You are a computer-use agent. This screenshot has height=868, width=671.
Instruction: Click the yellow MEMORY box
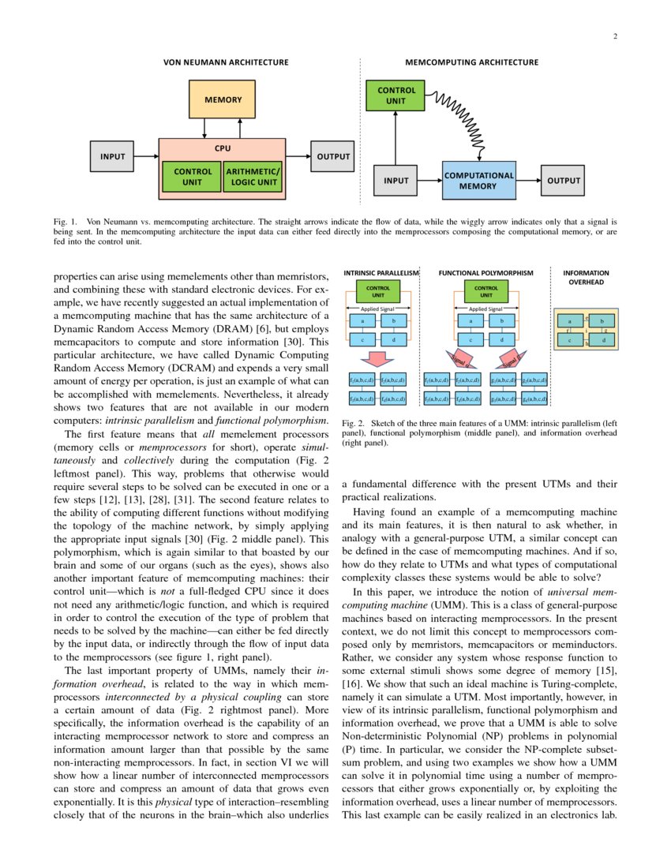(x=223, y=100)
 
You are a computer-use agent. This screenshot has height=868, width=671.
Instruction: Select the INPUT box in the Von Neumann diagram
(x=112, y=156)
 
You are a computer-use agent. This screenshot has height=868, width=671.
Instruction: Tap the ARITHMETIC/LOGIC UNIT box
(x=253, y=178)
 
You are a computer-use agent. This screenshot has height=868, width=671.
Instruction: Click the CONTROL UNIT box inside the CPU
(x=192, y=178)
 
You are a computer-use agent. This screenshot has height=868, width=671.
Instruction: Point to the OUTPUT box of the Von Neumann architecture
(x=333, y=156)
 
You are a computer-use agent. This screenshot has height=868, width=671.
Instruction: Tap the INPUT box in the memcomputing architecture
(x=395, y=181)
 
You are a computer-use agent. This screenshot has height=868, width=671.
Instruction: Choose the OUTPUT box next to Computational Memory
(x=563, y=181)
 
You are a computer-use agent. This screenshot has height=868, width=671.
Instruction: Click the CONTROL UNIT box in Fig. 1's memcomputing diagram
(x=395, y=96)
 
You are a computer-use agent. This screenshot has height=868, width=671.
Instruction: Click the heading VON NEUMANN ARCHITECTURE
(x=225, y=62)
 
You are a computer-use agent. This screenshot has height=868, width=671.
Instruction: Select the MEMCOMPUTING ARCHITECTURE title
(x=471, y=62)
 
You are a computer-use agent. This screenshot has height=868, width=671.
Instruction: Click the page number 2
(x=614, y=36)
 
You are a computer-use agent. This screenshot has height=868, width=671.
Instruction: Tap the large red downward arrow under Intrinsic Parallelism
(x=380, y=359)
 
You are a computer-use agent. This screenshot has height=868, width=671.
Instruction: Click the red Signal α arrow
(x=459, y=360)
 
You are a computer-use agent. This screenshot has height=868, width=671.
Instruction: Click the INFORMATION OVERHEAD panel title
(x=587, y=277)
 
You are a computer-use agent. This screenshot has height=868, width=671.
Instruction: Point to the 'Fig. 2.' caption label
(x=352, y=424)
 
